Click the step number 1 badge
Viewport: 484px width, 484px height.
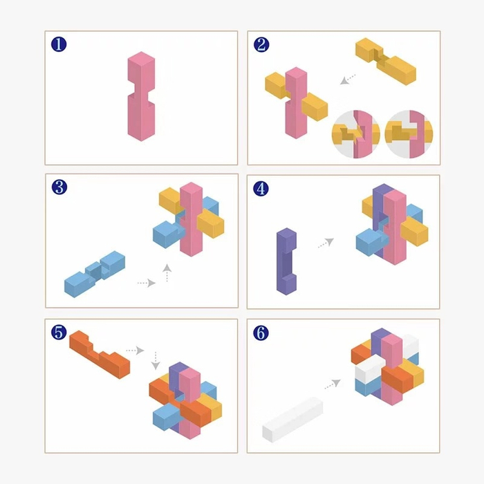pos(59,44)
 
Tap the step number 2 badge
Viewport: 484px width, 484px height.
pos(261,45)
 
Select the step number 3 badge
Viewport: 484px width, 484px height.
pos(59,187)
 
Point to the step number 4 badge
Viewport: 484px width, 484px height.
pos(261,189)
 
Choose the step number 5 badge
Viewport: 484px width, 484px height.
pos(59,332)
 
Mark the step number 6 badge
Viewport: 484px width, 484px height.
pos(261,333)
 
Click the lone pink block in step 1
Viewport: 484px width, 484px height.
pos(141,96)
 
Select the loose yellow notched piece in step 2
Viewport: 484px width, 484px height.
pos(386,62)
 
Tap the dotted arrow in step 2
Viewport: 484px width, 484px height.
pos(348,80)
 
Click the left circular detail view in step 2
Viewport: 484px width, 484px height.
pos(355,134)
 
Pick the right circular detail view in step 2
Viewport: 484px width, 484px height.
pos(409,134)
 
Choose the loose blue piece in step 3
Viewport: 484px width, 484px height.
pos(95,274)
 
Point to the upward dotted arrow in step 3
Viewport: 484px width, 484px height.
pos(167,272)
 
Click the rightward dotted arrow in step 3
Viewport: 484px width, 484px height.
pos(147,283)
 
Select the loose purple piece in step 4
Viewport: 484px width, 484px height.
pos(286,261)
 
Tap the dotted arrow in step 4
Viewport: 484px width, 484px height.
pos(326,243)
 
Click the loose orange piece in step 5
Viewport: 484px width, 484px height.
pos(100,355)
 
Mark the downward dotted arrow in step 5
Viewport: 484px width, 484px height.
pos(156,360)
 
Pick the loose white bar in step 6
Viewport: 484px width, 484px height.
pos(292,420)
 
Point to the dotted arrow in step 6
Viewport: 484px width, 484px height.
pos(333,384)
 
